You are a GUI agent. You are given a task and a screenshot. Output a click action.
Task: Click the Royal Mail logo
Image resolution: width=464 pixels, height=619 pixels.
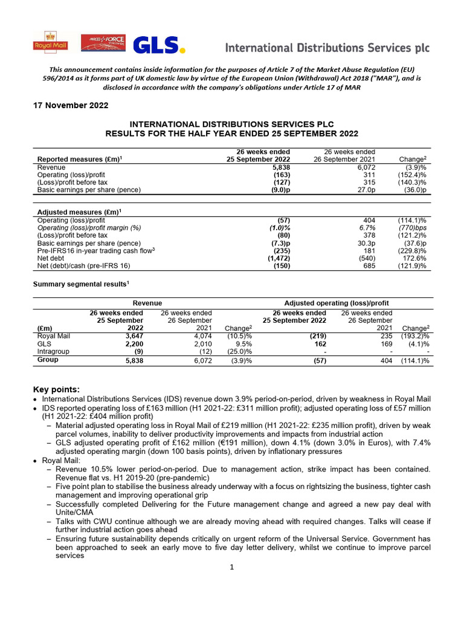coord(50,42)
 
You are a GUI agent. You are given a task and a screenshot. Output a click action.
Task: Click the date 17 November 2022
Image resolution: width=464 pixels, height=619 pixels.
coord(70,106)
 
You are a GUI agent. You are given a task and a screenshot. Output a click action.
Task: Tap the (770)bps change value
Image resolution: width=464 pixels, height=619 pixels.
coord(414,228)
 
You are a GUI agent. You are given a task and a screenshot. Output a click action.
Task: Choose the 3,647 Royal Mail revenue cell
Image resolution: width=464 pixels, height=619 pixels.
coord(130,335)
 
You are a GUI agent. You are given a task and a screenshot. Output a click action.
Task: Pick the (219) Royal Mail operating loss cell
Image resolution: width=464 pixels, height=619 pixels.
coord(315,335)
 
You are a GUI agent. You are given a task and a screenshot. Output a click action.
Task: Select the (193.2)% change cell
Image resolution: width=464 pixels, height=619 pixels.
coord(415,335)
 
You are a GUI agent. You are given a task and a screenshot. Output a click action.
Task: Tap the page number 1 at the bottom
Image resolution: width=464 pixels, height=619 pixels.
coord(232,567)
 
